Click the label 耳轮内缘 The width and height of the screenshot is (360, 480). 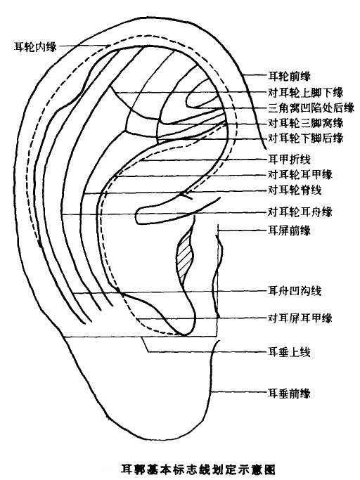click(x=36, y=47)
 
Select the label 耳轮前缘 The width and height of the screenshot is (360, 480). click(x=290, y=76)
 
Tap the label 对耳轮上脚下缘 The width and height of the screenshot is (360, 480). click(x=306, y=92)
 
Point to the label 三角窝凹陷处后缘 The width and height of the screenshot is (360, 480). click(x=311, y=108)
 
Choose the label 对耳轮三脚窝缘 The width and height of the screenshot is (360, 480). click(x=306, y=123)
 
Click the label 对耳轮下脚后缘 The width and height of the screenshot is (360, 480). click(x=306, y=138)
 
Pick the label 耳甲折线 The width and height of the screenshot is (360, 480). click(x=290, y=160)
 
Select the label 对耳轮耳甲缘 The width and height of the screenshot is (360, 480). click(x=300, y=175)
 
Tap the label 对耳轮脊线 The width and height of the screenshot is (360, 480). click(x=295, y=190)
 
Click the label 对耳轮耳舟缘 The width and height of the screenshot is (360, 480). click(x=300, y=212)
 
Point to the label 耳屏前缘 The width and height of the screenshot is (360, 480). click(x=290, y=231)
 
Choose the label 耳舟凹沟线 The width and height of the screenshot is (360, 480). click(x=295, y=291)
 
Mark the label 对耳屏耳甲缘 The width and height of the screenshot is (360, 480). click(x=300, y=318)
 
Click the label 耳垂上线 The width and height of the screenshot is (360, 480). click(x=290, y=352)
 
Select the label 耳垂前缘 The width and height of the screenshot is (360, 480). click(x=290, y=393)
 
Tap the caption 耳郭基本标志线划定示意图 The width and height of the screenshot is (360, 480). click(x=198, y=469)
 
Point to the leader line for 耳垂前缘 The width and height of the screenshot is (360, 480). click(x=240, y=392)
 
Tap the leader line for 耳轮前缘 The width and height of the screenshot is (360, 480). click(x=255, y=75)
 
